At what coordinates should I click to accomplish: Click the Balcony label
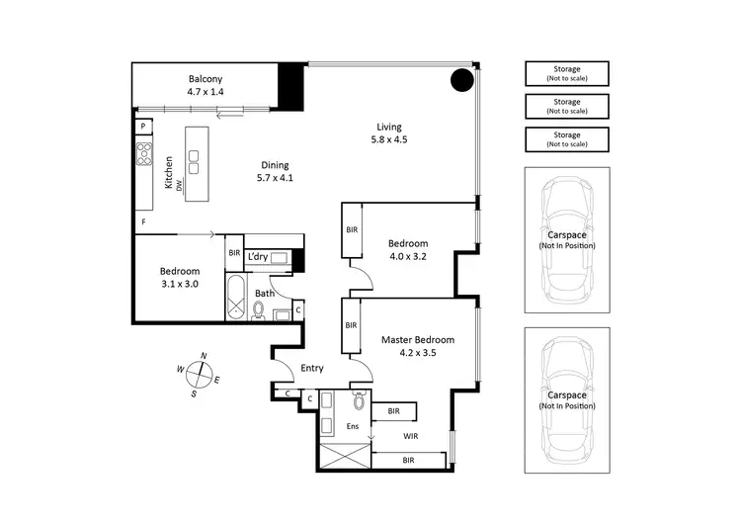click(x=206, y=79)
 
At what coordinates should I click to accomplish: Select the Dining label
click(x=275, y=165)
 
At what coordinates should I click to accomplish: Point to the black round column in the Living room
click(x=461, y=81)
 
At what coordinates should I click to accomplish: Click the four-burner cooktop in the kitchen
click(x=144, y=152)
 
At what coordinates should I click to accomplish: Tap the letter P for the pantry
click(x=143, y=127)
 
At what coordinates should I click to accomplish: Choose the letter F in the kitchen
click(x=143, y=221)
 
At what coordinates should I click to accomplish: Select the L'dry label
click(x=258, y=257)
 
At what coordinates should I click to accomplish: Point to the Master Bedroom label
click(x=409, y=340)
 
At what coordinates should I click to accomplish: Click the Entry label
click(x=312, y=368)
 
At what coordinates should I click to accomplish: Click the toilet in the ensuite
click(x=358, y=401)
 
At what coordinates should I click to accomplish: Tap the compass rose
click(x=202, y=375)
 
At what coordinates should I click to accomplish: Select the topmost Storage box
click(x=567, y=72)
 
